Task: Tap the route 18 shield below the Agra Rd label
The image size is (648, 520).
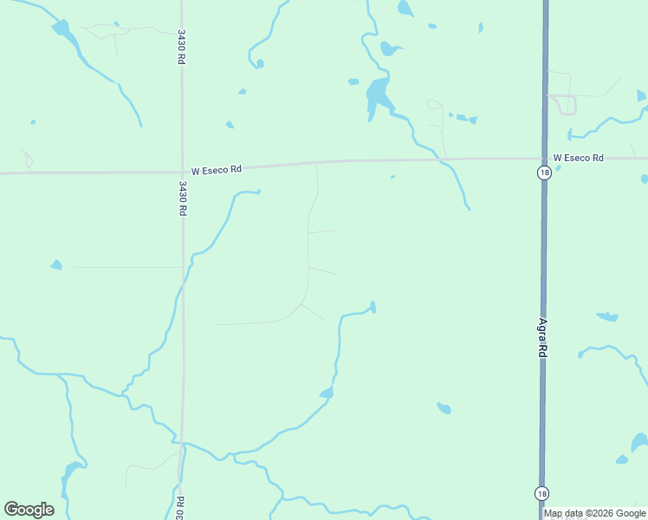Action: [541, 492]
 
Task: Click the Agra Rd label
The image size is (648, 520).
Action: [542, 338]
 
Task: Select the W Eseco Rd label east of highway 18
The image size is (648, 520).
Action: [578, 158]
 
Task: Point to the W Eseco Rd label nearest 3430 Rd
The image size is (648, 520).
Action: [216, 170]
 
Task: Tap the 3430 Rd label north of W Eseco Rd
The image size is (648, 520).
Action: [181, 47]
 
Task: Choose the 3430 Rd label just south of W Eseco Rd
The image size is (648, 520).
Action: [183, 198]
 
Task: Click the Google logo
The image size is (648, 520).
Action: [29, 510]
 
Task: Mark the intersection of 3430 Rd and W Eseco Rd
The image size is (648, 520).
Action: [182, 172]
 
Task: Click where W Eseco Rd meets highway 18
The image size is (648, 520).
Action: [544, 159]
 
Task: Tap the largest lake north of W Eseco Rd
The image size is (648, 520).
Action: [377, 93]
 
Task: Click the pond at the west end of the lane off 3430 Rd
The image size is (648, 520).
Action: [56, 264]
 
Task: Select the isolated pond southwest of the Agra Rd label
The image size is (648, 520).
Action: [444, 407]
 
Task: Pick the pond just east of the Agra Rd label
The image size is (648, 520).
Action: [606, 316]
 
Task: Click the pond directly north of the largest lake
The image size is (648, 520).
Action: [389, 49]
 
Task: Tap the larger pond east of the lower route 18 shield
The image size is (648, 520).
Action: [639, 442]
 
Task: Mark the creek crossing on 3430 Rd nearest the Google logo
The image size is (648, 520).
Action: [182, 446]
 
